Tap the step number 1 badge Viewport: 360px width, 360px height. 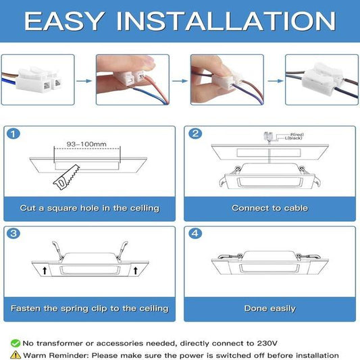click(14, 133)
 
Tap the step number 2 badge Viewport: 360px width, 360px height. click(196, 133)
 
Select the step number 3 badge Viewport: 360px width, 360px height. click(14, 234)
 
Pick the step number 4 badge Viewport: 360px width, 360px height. click(196, 234)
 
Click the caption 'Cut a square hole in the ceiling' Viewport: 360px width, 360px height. click(90, 208)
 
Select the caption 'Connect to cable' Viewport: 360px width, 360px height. click(269, 208)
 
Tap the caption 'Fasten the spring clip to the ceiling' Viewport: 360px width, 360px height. click(90, 308)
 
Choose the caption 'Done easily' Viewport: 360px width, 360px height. click(269, 308)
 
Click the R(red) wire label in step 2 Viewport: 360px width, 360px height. click(296, 135)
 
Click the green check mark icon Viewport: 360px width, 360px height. click(15, 343)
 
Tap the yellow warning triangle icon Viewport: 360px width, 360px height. click(15, 355)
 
